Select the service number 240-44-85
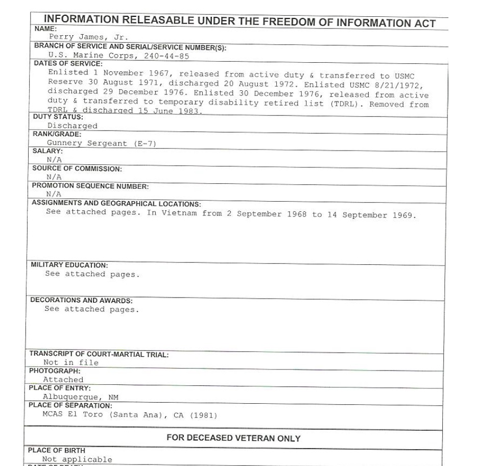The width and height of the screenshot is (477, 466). click(x=167, y=56)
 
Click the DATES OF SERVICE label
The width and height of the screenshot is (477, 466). click(x=68, y=64)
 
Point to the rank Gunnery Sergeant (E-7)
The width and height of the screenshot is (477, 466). click(x=101, y=143)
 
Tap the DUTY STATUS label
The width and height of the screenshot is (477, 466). click(x=58, y=117)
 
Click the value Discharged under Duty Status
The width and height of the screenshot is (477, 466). click(x=72, y=126)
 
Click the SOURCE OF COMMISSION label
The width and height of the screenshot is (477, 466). click(x=77, y=168)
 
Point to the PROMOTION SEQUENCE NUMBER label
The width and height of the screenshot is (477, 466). click(x=90, y=186)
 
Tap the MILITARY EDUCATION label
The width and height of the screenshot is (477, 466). click(x=69, y=265)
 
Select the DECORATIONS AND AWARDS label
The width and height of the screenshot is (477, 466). click(x=81, y=301)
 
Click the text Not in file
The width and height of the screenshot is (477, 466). click(x=70, y=363)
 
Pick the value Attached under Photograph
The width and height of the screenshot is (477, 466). click(x=63, y=380)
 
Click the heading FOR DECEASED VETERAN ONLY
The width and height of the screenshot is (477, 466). click(x=233, y=438)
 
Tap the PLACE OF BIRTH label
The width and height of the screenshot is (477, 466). click(x=57, y=451)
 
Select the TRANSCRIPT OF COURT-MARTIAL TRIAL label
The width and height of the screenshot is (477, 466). click(x=99, y=354)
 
